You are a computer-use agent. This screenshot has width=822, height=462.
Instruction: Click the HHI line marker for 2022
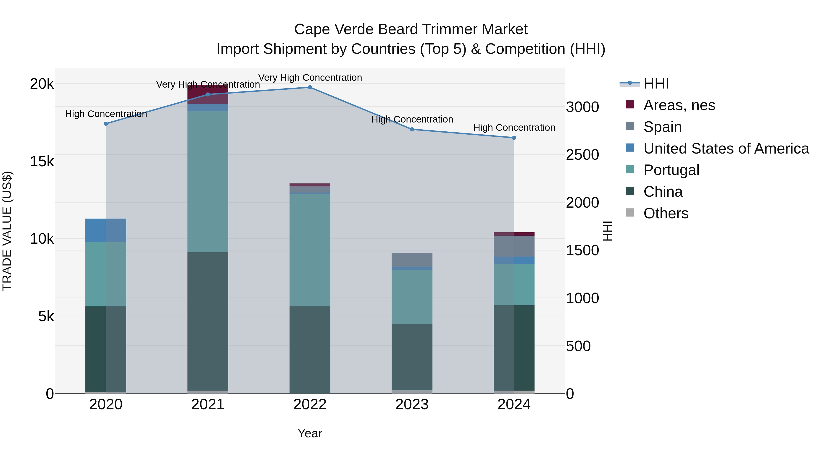[310, 87]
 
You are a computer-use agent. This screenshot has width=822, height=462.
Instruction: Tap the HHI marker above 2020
[106, 124]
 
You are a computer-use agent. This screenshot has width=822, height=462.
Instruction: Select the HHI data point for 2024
[514, 138]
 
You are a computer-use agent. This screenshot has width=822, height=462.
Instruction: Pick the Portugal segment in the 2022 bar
[310, 250]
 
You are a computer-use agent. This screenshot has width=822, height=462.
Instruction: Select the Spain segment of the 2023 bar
[412, 260]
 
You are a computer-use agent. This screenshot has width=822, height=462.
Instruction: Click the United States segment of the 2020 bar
[106, 230]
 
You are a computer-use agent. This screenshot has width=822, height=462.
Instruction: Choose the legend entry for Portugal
[671, 170]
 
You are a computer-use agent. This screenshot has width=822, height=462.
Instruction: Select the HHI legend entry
[656, 84]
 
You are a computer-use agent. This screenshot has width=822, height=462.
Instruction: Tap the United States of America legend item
[726, 149]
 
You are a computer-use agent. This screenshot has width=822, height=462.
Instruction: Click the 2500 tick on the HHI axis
[582, 155]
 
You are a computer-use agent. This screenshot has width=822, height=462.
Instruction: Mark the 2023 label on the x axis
[412, 405]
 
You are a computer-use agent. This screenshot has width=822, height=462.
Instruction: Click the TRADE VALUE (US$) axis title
[7, 231]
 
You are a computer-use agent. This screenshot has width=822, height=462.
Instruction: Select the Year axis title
[310, 433]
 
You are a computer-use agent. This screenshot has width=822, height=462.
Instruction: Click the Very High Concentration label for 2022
[310, 78]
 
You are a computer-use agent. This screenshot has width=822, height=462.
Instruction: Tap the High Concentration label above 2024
[514, 128]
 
